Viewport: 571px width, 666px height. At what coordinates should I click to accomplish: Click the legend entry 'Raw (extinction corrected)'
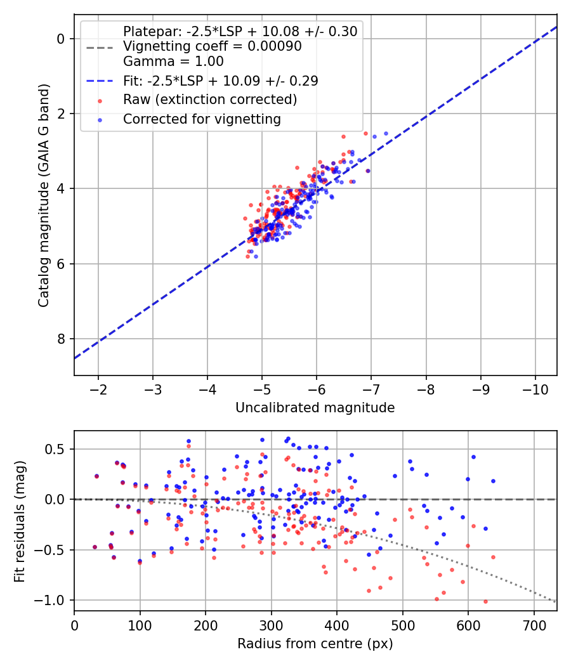pos(210,100)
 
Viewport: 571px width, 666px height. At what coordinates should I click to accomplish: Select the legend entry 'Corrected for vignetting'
pos(202,119)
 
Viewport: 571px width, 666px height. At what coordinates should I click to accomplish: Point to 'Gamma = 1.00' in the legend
pos(173,61)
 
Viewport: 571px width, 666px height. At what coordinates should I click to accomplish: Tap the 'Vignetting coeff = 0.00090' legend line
pos(213,46)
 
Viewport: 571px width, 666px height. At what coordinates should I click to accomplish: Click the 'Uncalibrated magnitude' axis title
pos(315,408)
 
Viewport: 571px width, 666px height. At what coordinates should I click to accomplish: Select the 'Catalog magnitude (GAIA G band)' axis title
pos(44,196)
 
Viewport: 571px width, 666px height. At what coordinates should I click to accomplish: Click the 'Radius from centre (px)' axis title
pos(315,644)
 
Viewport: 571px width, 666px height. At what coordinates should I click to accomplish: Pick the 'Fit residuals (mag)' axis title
pos(20,521)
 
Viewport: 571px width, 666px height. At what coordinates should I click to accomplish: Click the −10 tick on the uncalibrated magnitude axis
pos(535,389)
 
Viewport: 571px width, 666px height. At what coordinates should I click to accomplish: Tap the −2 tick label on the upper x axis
pos(98,389)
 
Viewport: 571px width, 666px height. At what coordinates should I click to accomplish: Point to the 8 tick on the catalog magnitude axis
pos(60,339)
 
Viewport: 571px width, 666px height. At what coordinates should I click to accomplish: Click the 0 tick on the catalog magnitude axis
pos(60,39)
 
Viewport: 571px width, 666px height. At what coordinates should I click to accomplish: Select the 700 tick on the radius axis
pos(534,625)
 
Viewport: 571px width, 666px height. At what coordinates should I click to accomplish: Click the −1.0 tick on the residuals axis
pos(51,600)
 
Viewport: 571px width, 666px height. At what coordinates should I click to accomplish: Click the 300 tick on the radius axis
pos(271,625)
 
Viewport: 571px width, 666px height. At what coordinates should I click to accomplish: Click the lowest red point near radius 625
pos(485,601)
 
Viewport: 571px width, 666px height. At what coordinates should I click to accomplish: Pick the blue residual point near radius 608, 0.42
pos(473,457)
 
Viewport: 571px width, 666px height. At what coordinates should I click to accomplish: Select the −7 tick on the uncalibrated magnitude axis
pos(371,389)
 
